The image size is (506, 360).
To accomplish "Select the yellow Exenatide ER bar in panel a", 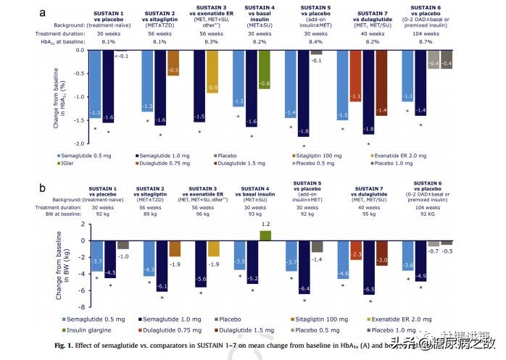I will (212, 70).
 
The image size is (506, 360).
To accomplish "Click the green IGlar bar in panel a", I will (265, 69).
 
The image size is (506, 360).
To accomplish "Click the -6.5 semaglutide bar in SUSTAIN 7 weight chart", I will (370, 269).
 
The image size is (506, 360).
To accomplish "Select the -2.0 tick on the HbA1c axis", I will (80, 143).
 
